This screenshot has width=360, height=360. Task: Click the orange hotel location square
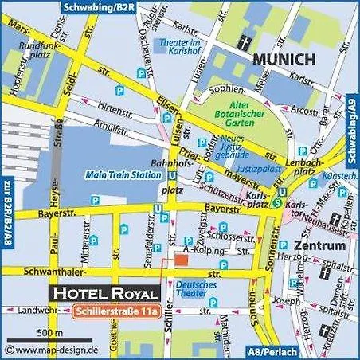tap(181, 260)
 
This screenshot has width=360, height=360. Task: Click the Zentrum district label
tap(319, 246)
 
